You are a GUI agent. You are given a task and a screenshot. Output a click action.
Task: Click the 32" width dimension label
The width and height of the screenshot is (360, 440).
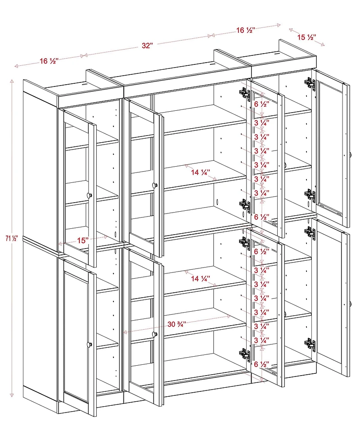pos(148,46)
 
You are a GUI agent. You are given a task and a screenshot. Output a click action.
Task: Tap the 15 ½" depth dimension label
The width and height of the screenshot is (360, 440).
pos(307,37)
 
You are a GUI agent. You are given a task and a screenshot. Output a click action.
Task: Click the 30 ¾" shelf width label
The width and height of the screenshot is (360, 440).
pos(177,324)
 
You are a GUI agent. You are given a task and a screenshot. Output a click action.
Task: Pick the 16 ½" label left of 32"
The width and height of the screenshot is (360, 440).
pos(49,61)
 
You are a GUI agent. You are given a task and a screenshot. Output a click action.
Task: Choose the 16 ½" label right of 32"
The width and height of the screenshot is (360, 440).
pos(246,30)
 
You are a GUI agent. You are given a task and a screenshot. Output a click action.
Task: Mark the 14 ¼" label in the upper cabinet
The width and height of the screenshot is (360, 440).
pos(201,172)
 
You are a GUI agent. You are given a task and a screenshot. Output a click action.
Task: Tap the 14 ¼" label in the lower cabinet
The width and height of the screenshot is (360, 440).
pos(201,279)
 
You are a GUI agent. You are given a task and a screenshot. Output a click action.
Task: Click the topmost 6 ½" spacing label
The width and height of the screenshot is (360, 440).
pos(261,104)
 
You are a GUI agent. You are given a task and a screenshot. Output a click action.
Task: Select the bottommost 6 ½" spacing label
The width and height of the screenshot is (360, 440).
pos(261,364)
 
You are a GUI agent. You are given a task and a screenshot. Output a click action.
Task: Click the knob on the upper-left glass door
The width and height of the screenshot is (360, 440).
pos(89,195)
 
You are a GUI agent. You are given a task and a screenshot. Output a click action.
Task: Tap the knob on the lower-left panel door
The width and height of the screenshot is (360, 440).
pos(89,345)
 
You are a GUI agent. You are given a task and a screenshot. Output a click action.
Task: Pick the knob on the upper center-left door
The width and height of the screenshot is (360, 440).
pos(155,185)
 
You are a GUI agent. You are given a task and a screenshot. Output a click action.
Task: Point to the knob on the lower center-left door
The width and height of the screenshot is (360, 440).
pos(155,334)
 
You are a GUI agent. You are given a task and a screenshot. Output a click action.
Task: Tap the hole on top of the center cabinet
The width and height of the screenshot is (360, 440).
pos(211,64)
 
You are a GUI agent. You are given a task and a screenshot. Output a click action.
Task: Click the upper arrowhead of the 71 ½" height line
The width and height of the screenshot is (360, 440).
pos(12,82)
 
